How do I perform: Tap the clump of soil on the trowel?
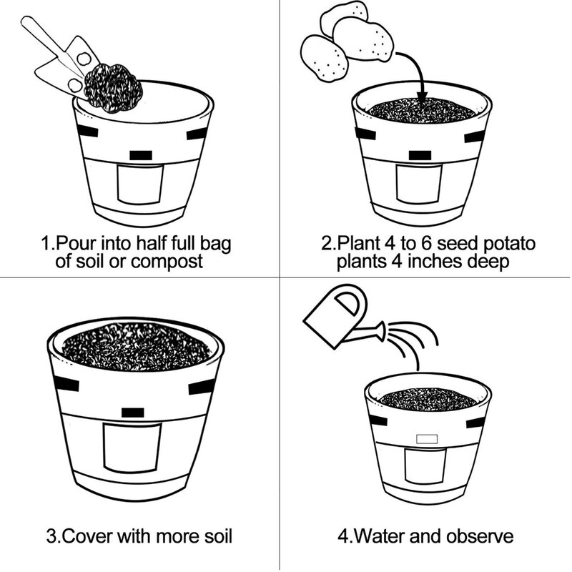[113, 87]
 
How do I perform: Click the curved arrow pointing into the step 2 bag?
[416, 73]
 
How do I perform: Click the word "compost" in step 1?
[167, 262]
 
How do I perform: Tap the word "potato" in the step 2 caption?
[509, 243]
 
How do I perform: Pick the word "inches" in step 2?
[435, 261]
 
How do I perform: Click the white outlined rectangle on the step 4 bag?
[427, 438]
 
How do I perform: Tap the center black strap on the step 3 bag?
[132, 413]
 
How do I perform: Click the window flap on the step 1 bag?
[140, 184]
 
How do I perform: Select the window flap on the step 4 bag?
[425, 466]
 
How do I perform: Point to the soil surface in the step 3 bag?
[136, 346]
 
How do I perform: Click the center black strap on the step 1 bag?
[140, 155]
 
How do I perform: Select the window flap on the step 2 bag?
[419, 184]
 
